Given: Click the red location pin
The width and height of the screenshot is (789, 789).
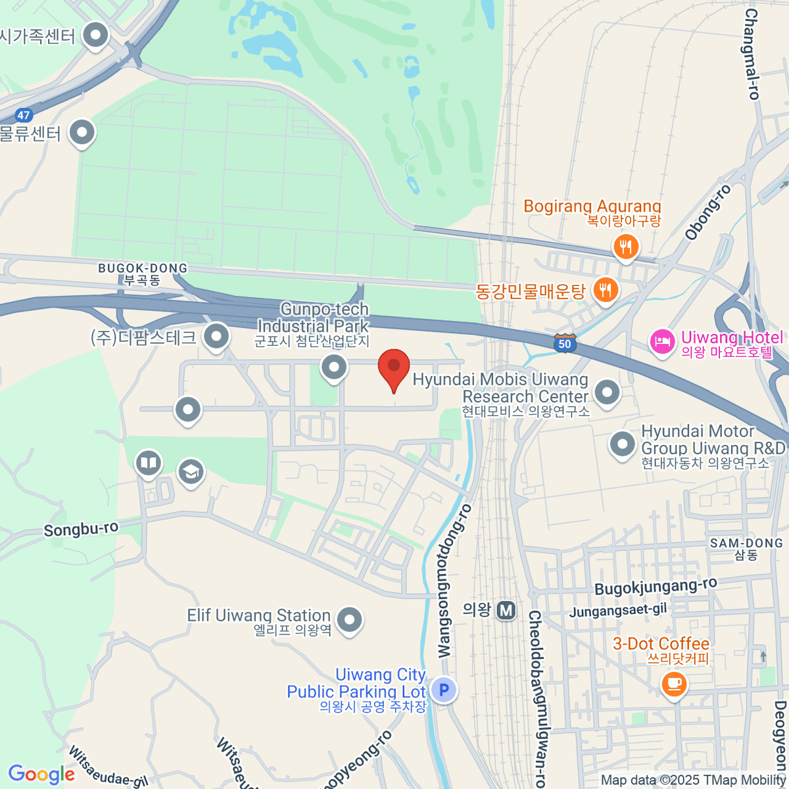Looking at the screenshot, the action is pyautogui.click(x=394, y=367).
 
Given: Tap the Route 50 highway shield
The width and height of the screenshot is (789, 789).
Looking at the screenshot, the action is pyautogui.click(x=565, y=343).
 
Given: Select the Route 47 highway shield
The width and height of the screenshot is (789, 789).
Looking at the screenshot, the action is pyautogui.click(x=24, y=115).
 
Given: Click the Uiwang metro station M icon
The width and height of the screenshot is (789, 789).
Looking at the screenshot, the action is pyautogui.click(x=506, y=610).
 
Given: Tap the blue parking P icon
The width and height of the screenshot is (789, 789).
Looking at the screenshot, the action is pyautogui.click(x=444, y=690).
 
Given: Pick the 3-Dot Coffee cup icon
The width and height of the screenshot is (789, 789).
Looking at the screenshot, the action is pyautogui.click(x=673, y=683).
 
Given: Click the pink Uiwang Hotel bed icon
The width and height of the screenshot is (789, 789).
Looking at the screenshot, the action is pyautogui.click(x=662, y=341).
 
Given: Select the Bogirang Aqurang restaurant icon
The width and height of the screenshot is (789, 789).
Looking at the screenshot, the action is pyautogui.click(x=625, y=247).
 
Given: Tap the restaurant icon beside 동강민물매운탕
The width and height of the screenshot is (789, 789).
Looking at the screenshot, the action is pyautogui.click(x=605, y=289).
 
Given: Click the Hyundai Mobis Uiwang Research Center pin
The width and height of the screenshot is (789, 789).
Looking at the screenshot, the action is pyautogui.click(x=607, y=392).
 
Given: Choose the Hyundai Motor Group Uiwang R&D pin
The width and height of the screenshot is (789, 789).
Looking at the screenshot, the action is pyautogui.click(x=623, y=444).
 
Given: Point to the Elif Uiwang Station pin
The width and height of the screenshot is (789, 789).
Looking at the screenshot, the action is pyautogui.click(x=349, y=619).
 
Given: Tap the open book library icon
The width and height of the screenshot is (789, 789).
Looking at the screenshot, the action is pyautogui.click(x=149, y=464).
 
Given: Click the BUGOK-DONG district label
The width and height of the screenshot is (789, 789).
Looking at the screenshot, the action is pyautogui.click(x=143, y=268).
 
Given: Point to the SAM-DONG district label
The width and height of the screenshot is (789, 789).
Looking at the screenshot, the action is pyautogui.click(x=746, y=543).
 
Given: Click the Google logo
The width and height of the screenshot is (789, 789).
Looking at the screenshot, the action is pyautogui.click(x=41, y=774).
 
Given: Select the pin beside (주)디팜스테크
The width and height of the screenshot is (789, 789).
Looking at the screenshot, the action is pyautogui.click(x=216, y=337).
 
